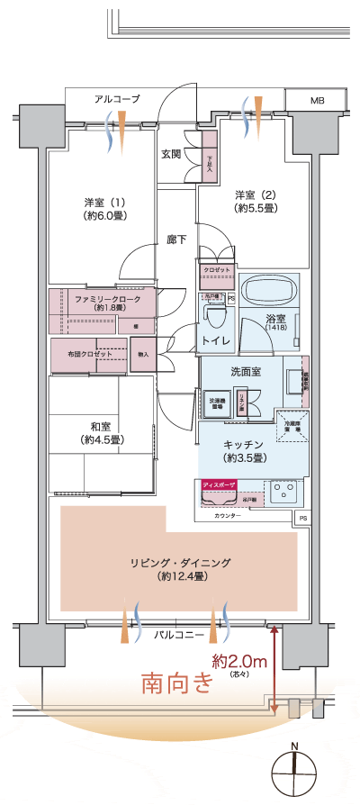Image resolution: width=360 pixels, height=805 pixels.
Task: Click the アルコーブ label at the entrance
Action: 117,99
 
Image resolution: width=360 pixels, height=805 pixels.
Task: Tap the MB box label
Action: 318,100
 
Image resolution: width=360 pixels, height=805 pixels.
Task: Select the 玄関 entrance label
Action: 171,154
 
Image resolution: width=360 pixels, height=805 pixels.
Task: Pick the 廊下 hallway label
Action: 176,240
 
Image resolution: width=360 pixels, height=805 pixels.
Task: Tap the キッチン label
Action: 243,445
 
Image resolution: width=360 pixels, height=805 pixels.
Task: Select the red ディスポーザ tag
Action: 220,484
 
